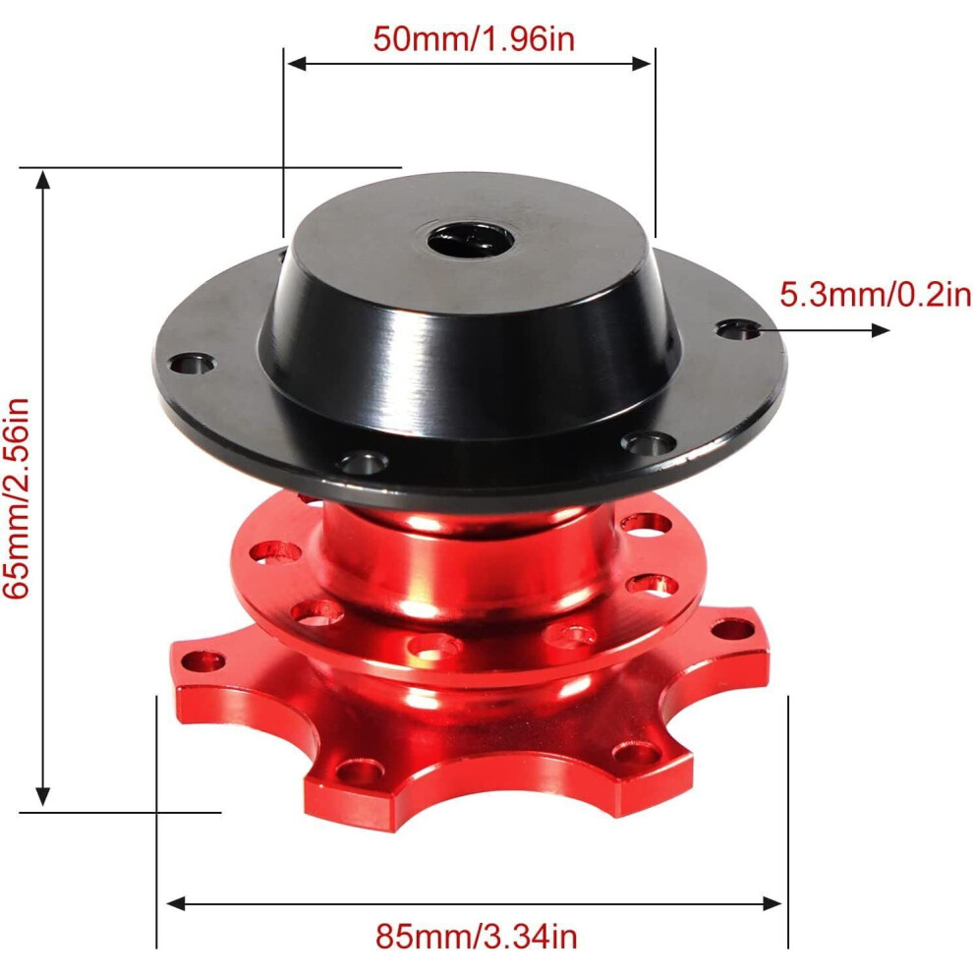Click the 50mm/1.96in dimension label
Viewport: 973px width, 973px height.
(x=474, y=38)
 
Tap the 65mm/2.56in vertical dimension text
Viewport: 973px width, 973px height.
(x=16, y=498)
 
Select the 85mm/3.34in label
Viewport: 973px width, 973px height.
(x=476, y=937)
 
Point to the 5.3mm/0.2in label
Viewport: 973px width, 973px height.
(x=875, y=294)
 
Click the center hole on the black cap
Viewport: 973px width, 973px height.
(x=471, y=240)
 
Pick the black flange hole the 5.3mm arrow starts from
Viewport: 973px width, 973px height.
(x=738, y=329)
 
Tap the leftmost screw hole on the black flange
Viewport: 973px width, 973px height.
(x=192, y=364)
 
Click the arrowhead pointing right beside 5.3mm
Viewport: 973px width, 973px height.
(x=881, y=330)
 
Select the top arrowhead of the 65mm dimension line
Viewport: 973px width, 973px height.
(x=42, y=180)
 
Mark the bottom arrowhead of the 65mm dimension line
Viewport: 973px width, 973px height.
(x=42, y=796)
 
